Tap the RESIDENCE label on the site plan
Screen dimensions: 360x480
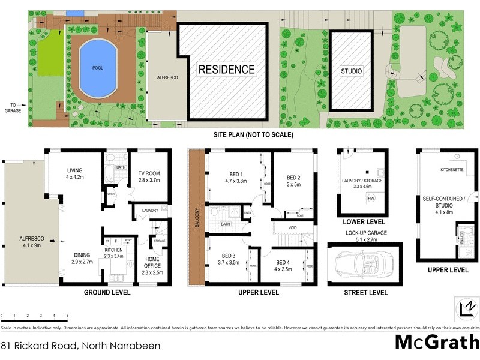click(227, 69)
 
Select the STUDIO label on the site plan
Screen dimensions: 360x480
click(352, 71)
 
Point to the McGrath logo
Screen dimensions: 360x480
click(436, 342)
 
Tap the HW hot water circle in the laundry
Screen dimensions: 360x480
click(371, 199)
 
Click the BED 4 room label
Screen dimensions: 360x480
click(284, 265)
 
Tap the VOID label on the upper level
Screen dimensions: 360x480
click(293, 228)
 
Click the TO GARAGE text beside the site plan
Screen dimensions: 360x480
click(13, 107)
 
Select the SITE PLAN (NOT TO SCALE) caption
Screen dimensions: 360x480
click(253, 135)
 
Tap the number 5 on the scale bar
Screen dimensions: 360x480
click(67, 316)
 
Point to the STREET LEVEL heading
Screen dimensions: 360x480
click(365, 293)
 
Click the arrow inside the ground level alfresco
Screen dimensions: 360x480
click(53, 241)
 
